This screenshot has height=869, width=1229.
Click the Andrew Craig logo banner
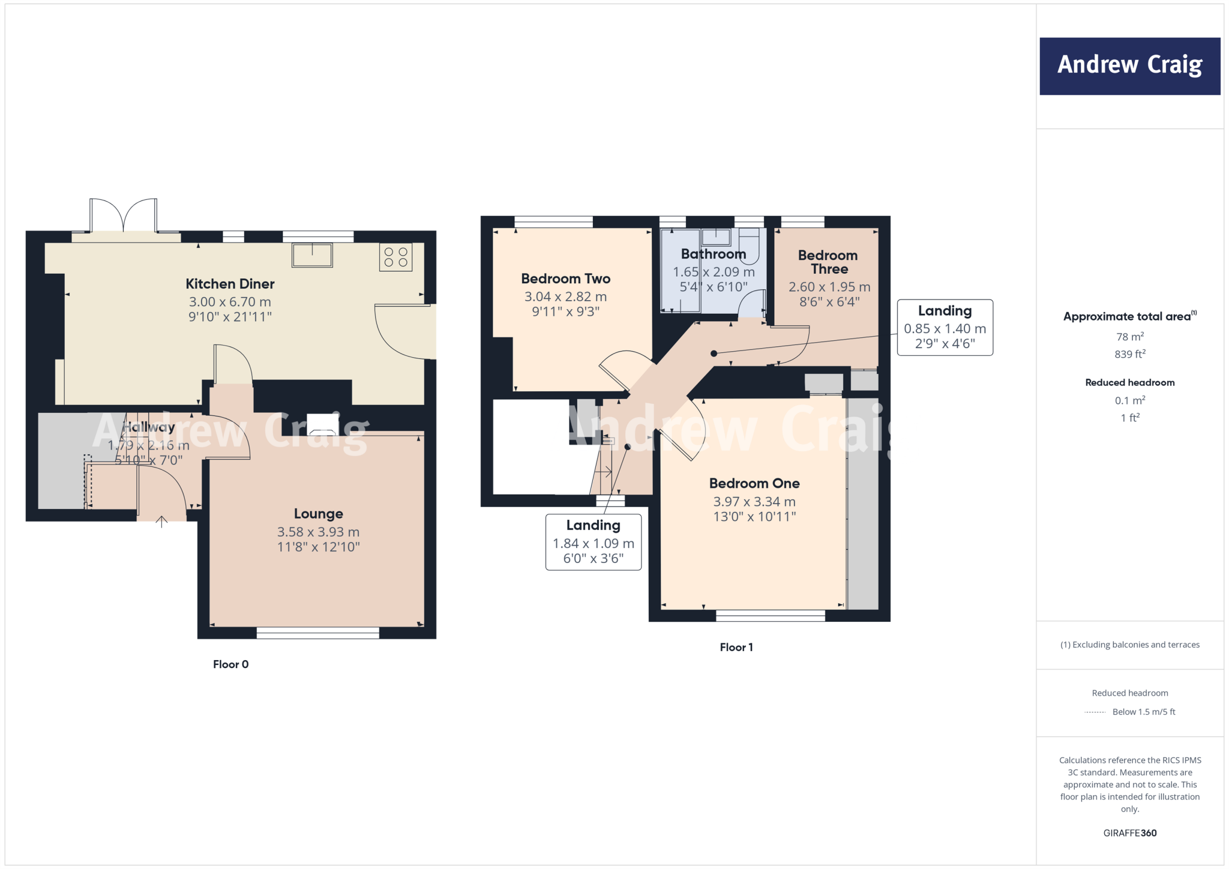click(1129, 66)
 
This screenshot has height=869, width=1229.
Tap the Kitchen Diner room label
click(230, 284)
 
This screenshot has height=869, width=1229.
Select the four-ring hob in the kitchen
click(395, 257)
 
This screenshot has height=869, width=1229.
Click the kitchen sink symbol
click(312, 255)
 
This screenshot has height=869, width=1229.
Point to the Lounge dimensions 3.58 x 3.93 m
click(318, 532)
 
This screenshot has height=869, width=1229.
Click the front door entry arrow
click(161, 521)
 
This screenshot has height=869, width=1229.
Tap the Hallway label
click(148, 427)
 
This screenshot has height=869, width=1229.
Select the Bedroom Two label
click(565, 278)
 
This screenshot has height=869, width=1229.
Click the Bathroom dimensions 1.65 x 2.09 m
click(713, 272)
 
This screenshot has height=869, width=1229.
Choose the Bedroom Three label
click(828, 262)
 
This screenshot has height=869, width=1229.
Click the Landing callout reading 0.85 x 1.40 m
click(945, 328)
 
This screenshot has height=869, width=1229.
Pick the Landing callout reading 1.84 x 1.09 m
click(593, 543)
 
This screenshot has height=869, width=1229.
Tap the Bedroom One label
click(754, 483)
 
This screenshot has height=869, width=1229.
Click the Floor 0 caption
click(230, 664)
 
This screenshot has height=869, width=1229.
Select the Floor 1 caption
click(736, 647)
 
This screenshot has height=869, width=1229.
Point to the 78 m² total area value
click(1129, 337)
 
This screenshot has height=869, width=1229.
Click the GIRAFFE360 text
click(1129, 833)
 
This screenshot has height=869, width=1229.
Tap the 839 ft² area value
click(1129, 354)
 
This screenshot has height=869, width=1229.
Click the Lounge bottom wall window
click(317, 633)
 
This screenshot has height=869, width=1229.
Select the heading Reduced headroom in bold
click(1129, 382)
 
